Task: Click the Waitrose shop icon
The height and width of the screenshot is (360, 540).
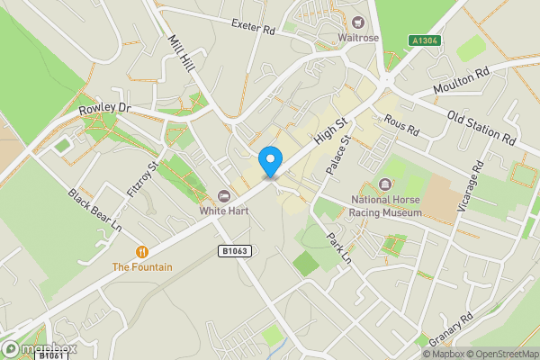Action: (x=357, y=22)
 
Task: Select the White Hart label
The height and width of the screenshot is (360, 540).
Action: (x=223, y=211)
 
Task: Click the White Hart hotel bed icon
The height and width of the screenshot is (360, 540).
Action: (x=223, y=197)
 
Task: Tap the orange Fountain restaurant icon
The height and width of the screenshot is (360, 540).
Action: (x=141, y=252)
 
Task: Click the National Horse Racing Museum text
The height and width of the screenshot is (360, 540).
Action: (x=386, y=206)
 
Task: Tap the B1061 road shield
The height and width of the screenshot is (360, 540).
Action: (x=49, y=355)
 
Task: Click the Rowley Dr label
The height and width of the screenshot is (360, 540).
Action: (x=104, y=108)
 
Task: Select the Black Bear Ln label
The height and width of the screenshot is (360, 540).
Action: (x=94, y=209)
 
